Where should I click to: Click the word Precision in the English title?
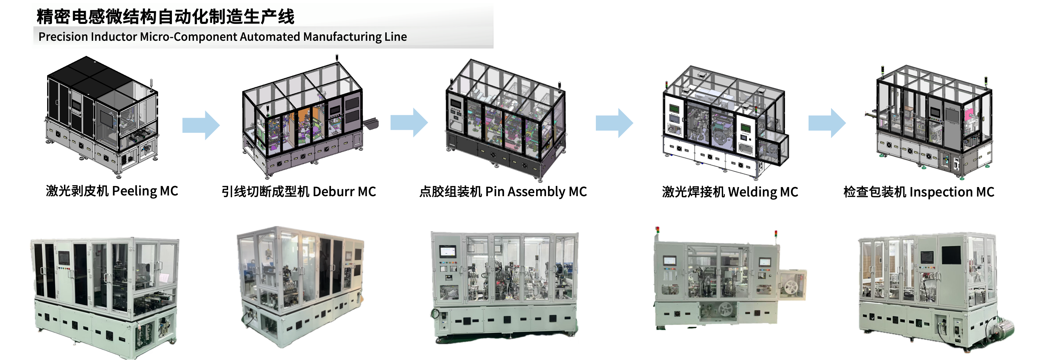(63, 37)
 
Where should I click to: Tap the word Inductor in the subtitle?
(114, 37)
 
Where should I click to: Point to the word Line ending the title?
(395, 37)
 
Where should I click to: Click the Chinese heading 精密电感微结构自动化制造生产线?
(165, 17)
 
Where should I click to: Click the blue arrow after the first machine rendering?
(201, 125)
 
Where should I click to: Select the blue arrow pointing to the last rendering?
(827, 123)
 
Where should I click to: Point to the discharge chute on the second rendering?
(371, 122)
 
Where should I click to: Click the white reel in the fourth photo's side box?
(792, 288)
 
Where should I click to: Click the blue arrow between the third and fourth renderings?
(614, 123)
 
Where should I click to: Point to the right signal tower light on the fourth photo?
(776, 234)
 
